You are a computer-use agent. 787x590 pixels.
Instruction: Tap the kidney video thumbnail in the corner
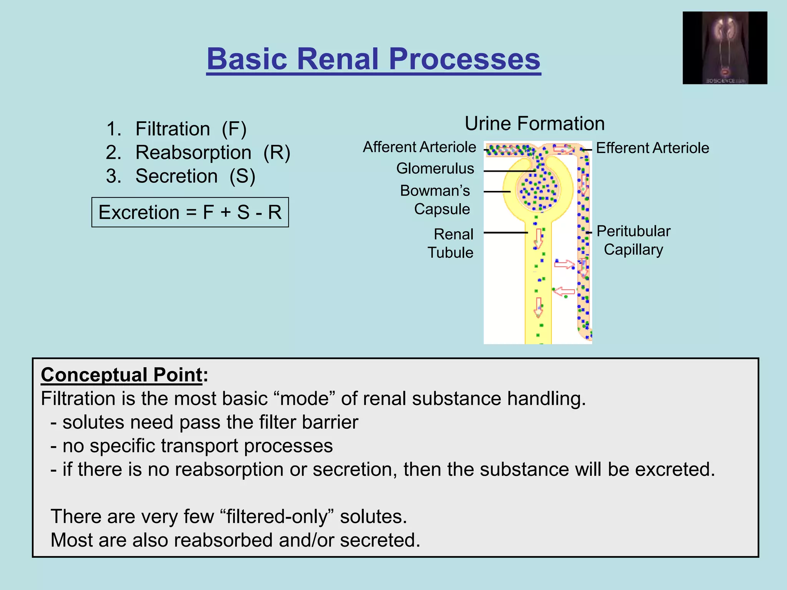click(x=725, y=48)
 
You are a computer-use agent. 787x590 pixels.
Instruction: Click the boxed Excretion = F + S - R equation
click(x=190, y=212)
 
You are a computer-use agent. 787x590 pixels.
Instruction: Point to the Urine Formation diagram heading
click(x=535, y=124)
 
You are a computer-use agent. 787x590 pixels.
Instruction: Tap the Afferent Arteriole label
click(x=419, y=147)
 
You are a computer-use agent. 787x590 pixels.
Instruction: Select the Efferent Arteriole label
click(x=652, y=148)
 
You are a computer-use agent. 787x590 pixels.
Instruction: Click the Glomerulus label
click(x=435, y=169)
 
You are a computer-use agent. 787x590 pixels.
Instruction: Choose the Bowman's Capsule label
click(x=435, y=200)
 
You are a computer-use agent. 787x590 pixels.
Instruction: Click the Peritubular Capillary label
click(x=633, y=240)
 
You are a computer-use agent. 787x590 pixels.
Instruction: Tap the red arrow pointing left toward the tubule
click(x=564, y=292)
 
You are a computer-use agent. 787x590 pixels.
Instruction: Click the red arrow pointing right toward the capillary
click(x=564, y=264)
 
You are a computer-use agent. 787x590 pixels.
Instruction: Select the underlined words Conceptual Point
click(x=121, y=375)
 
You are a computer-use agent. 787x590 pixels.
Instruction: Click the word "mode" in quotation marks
click(x=304, y=398)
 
